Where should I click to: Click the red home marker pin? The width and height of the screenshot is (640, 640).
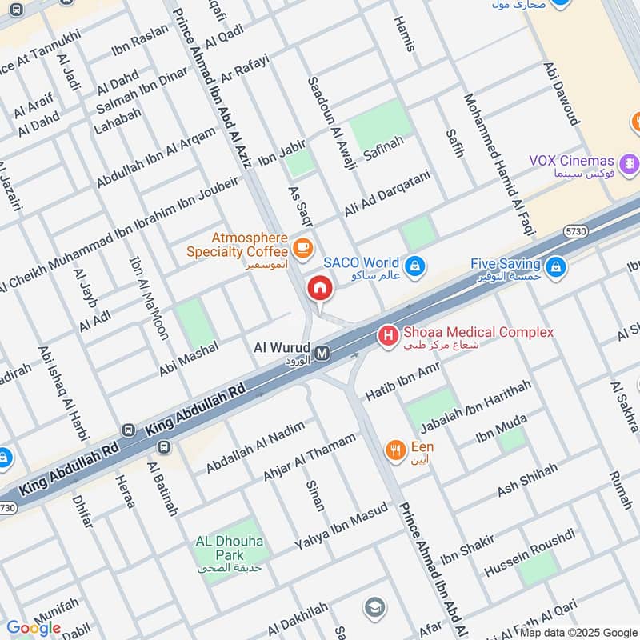(319, 288)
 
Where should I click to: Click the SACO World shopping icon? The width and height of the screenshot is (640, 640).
(414, 265)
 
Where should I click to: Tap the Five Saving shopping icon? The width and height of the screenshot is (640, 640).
(558, 266)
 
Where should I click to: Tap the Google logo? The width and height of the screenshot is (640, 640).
(34, 628)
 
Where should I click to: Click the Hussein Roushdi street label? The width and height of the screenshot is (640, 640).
(530, 553)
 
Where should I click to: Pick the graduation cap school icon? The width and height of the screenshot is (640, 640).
(374, 608)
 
